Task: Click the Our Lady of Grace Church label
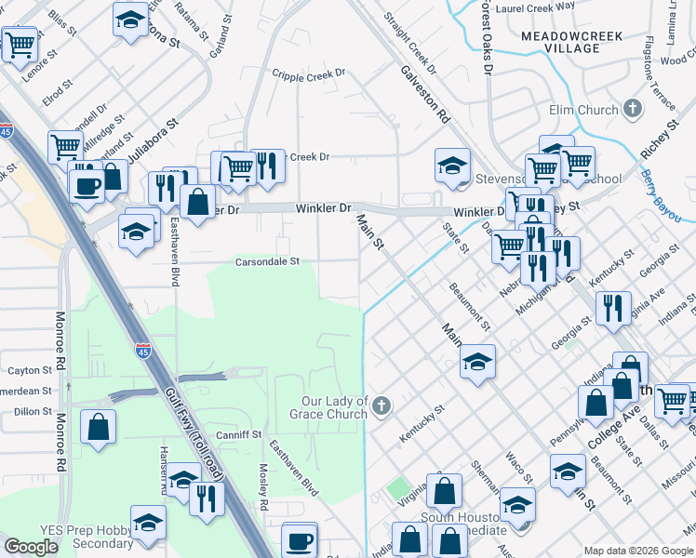click(x=333, y=407)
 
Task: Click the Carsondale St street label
click(x=266, y=262)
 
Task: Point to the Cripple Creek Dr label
click(x=308, y=73)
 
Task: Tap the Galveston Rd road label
click(x=425, y=94)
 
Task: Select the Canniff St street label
click(x=238, y=434)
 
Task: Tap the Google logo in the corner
click(x=31, y=547)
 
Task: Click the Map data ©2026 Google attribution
click(x=638, y=551)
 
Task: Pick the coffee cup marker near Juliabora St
click(x=88, y=185)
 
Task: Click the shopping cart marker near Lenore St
click(x=19, y=44)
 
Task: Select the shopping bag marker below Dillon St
click(x=99, y=429)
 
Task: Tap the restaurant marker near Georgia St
click(x=612, y=307)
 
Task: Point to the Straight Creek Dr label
click(x=409, y=43)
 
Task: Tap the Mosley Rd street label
click(x=264, y=486)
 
